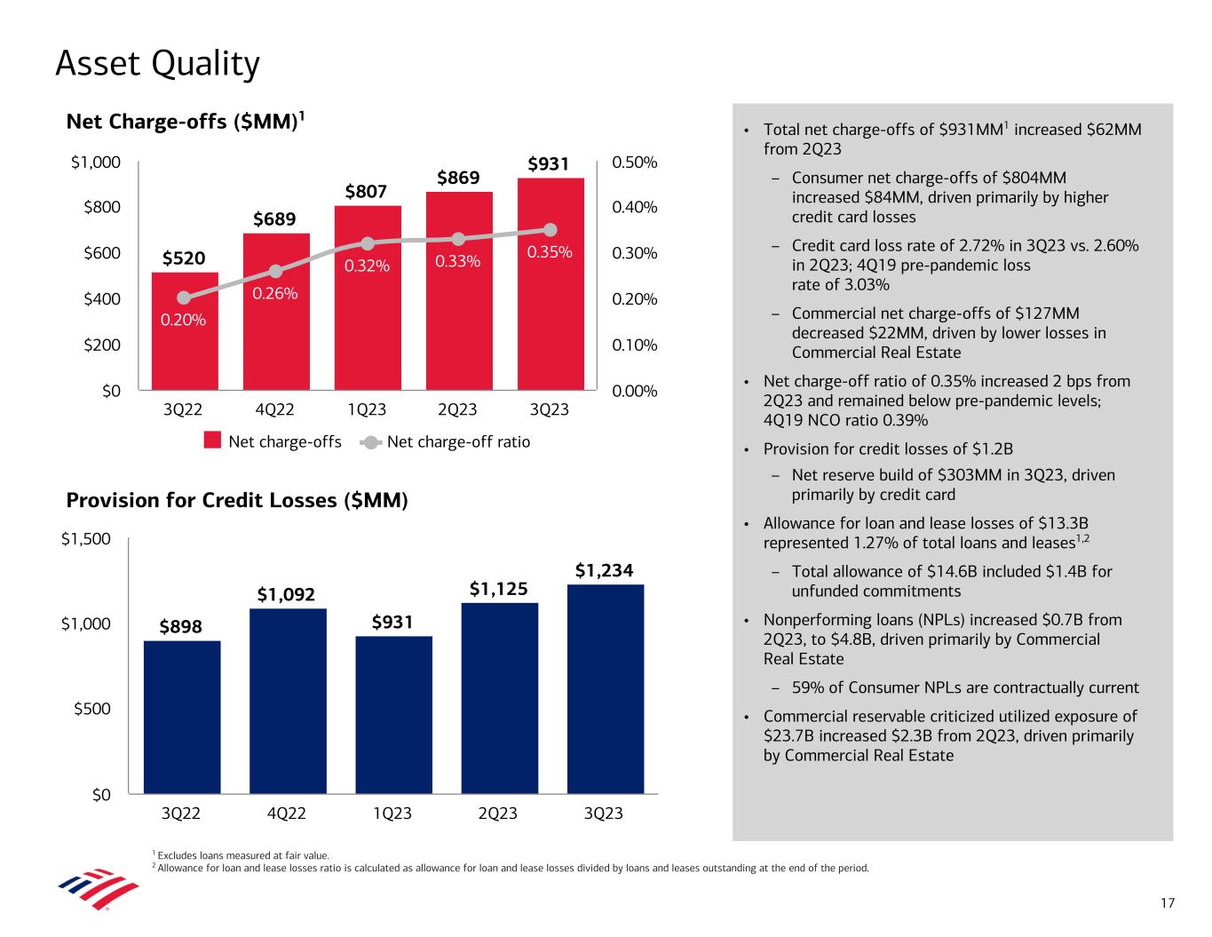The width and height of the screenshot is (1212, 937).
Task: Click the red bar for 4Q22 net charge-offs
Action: [275, 337]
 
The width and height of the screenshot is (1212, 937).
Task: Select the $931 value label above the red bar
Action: [548, 164]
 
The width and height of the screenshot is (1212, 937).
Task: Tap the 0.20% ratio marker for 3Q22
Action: [184, 298]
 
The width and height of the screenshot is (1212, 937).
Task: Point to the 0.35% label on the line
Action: [551, 252]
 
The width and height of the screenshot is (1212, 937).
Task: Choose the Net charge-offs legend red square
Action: [212, 441]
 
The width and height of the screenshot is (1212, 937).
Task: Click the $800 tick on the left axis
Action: [96, 208]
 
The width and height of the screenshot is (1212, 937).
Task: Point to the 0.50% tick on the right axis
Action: [635, 163]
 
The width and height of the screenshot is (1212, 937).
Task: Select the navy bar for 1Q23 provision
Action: [393, 714]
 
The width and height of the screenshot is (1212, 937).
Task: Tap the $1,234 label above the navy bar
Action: [604, 570]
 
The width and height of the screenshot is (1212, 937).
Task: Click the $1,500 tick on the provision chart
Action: [86, 539]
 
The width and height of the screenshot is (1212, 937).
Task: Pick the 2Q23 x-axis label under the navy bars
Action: [498, 814]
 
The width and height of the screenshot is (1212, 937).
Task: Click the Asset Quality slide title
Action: [158, 64]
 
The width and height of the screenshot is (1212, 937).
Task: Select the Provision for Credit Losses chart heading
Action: [237, 501]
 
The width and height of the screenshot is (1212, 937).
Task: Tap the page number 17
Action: [1168, 903]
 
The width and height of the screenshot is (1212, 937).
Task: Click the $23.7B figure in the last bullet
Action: [786, 736]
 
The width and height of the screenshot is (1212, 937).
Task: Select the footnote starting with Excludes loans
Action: [242, 855]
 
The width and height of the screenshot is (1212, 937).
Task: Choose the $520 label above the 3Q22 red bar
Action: [184, 258]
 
